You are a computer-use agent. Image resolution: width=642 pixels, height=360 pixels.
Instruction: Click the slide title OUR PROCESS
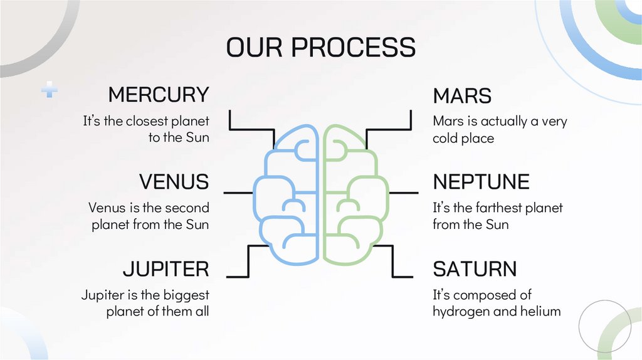[320, 48]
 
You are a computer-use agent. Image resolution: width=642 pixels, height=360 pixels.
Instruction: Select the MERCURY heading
[158, 95]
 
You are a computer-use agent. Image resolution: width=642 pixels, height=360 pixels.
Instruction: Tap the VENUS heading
[174, 182]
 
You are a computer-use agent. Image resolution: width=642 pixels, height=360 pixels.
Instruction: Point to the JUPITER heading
[166, 269]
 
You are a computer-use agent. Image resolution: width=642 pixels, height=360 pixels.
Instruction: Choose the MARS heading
[462, 96]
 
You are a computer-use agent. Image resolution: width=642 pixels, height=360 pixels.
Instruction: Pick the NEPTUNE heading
[481, 182]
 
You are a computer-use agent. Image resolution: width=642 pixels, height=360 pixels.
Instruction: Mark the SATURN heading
[475, 269]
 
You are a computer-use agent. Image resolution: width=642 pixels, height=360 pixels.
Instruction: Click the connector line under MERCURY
[251, 130]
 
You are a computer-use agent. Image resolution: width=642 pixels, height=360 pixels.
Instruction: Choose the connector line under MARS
[390, 130]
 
